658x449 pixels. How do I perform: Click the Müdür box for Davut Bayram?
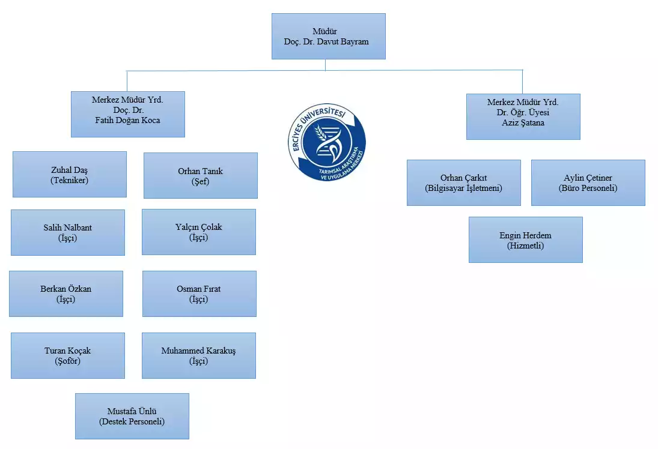point(328,37)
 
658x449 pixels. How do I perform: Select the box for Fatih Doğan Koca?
point(127,114)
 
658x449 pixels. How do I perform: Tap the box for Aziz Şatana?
point(523,116)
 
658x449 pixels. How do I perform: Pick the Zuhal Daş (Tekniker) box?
point(70,174)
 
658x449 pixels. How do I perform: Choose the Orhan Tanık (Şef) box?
point(200,175)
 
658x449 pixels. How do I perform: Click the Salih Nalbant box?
point(68,232)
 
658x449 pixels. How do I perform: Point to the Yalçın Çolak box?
point(198,232)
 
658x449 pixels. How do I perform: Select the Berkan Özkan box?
point(66,294)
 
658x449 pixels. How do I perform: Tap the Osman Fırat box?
point(199,294)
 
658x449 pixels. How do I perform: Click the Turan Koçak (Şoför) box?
point(68,355)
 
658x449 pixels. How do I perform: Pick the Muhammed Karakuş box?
point(198,355)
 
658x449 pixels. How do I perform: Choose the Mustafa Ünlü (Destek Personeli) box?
point(132,416)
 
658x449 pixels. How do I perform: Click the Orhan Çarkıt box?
point(463,182)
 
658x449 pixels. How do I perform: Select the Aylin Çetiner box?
point(588,182)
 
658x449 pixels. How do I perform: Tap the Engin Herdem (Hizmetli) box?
point(525,240)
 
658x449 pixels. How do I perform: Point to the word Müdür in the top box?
point(324,31)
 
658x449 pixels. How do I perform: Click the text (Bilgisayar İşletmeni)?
point(463,188)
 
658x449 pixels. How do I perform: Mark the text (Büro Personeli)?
point(588,188)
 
